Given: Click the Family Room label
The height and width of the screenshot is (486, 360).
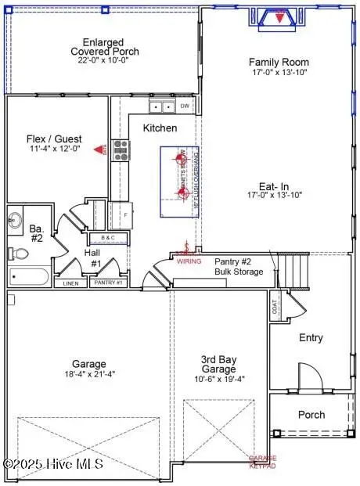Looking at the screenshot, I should click(279, 62).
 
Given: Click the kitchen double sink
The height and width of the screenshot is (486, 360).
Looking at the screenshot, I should click(162, 107).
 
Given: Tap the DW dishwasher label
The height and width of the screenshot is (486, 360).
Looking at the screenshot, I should click(185, 106).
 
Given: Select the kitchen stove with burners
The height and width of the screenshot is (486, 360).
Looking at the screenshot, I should click(121, 149).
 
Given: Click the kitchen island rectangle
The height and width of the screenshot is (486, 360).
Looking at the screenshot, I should click(182, 182).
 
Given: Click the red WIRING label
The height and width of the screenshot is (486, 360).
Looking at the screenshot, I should click(188, 261).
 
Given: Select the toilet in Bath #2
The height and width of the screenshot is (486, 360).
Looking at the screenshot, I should click(19, 254).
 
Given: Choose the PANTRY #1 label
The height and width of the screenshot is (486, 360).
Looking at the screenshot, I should click(108, 283).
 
